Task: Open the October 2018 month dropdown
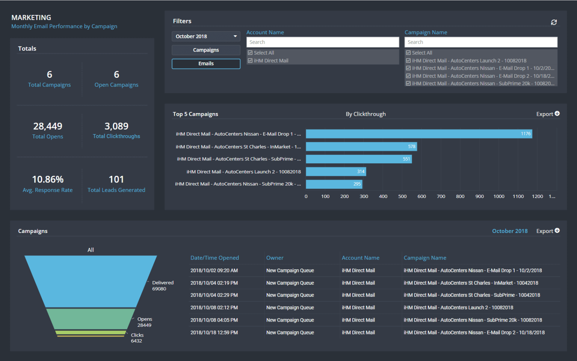pyautogui.click(x=206, y=36)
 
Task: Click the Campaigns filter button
pyautogui.click(x=206, y=50)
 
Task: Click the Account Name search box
pyautogui.click(x=322, y=42)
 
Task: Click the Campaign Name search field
pyautogui.click(x=480, y=42)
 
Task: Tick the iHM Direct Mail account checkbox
pyautogui.click(x=250, y=60)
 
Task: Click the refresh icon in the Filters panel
pyautogui.click(x=554, y=22)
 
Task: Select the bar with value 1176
pyautogui.click(x=418, y=134)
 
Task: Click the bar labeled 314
pyautogui.click(x=335, y=172)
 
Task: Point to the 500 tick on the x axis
pyautogui.click(x=402, y=196)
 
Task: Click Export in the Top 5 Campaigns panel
pyautogui.click(x=548, y=114)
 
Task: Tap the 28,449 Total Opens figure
pyautogui.click(x=48, y=126)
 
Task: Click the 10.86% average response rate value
pyautogui.click(x=48, y=180)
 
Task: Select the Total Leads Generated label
pyautogui.click(x=116, y=190)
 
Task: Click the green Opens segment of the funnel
pyautogui.click(x=90, y=319)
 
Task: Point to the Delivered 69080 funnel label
pyautogui.click(x=163, y=285)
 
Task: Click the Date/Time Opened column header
pyautogui.click(x=214, y=258)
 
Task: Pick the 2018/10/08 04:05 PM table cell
pyautogui.click(x=214, y=320)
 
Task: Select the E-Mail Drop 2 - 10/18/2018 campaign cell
pyautogui.click(x=474, y=332)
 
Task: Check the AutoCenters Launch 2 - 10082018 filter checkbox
pyautogui.click(x=408, y=60)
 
